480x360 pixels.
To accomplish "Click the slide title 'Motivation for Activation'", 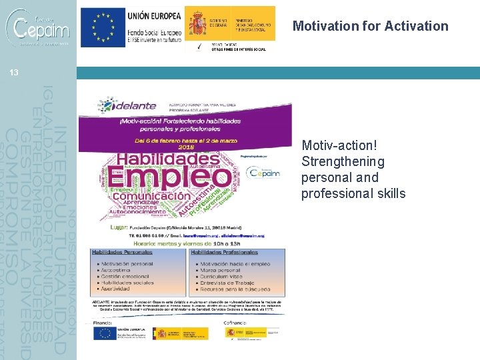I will click(x=370, y=26).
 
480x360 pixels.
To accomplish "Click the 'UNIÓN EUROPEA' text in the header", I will click(x=154, y=15).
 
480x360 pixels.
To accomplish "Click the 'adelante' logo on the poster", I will click(x=128, y=105).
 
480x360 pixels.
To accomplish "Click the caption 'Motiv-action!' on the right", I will click(x=335, y=145).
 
